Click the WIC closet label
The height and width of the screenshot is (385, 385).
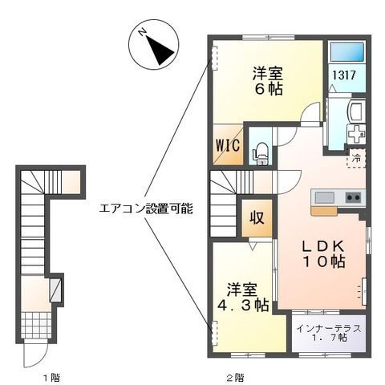pos(228,146)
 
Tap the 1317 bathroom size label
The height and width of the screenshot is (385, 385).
pos(344,75)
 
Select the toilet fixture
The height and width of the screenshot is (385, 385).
pos(261,153)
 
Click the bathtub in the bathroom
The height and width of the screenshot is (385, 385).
pos(347,51)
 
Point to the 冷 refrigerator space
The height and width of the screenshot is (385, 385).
pos(356,159)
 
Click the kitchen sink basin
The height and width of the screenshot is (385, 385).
pos(325,198)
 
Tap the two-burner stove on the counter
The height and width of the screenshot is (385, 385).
pos(353,198)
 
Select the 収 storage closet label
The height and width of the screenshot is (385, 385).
pos(257,217)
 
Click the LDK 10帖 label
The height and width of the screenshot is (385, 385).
pos(323,254)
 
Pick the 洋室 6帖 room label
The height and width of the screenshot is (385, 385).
pos(268,81)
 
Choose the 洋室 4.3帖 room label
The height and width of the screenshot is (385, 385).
pos(242,297)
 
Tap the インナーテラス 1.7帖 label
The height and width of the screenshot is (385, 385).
pos(329,333)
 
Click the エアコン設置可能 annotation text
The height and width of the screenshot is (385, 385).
pos(146,209)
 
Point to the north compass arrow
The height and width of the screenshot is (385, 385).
pos(159,50)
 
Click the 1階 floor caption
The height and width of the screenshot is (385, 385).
pos(52,378)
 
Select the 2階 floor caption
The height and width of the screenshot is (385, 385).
pos(235,378)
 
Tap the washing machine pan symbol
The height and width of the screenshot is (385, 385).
pos(356,134)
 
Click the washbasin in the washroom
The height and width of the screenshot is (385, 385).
pos(355,111)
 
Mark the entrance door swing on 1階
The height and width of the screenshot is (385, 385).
pos(35,355)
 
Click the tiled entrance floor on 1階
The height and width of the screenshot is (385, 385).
pos(36,325)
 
